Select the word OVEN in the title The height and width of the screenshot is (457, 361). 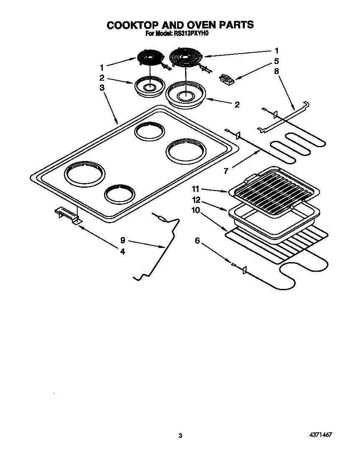pos(201,25)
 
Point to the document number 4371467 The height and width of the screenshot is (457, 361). pos(320,435)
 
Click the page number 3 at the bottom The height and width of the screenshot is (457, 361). pos(180,436)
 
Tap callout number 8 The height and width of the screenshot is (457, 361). pos(276,71)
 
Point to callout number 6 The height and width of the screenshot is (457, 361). pos(197,240)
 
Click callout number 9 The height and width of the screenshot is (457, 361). pos(122,240)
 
